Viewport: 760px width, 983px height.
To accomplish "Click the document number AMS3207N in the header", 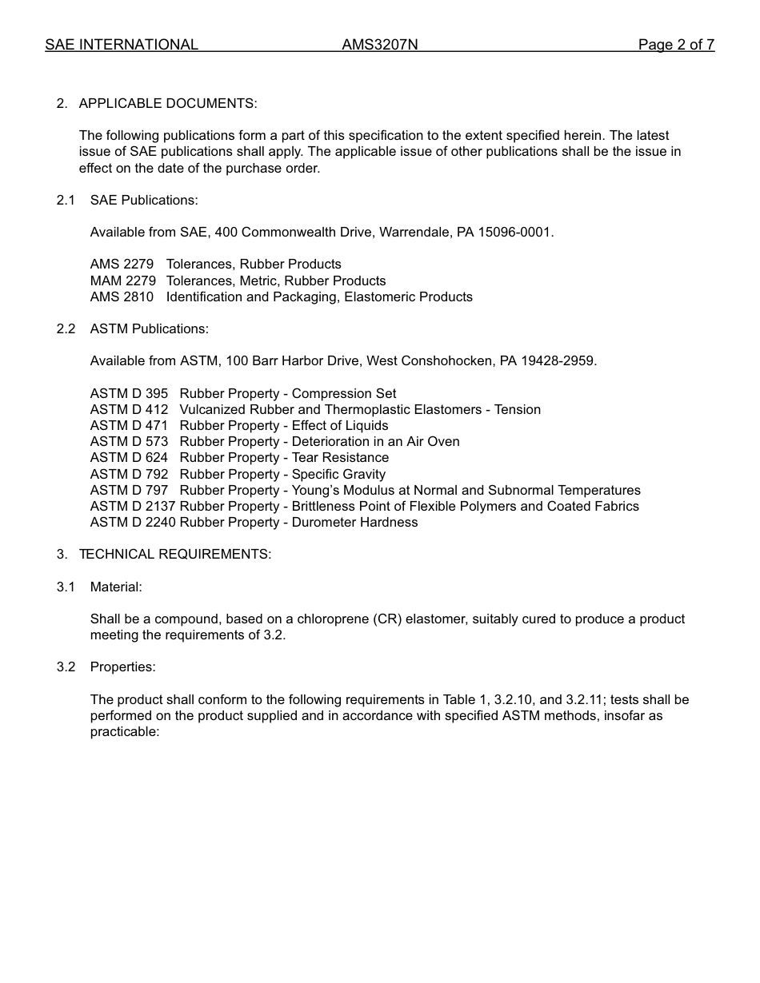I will [x=379, y=45].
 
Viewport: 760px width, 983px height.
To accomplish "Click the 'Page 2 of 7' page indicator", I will [x=675, y=45].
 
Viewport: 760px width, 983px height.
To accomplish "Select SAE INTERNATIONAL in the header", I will [x=122, y=45].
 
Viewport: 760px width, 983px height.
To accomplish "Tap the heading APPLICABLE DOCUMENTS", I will [x=167, y=103].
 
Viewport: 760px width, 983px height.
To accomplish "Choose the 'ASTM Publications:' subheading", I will [x=149, y=328].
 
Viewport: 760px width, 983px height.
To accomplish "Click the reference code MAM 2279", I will [x=122, y=281].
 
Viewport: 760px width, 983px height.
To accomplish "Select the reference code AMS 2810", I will [x=122, y=296].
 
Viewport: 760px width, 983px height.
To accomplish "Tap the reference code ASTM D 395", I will [x=129, y=393].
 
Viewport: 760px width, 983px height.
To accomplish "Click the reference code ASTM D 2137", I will [x=133, y=506].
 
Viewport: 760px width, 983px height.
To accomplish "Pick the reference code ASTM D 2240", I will [x=133, y=522].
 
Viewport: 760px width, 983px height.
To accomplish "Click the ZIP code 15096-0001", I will [x=515, y=232].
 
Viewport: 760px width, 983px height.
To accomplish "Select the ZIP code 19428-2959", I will [x=558, y=360].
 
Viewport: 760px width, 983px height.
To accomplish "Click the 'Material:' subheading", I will [x=116, y=587].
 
